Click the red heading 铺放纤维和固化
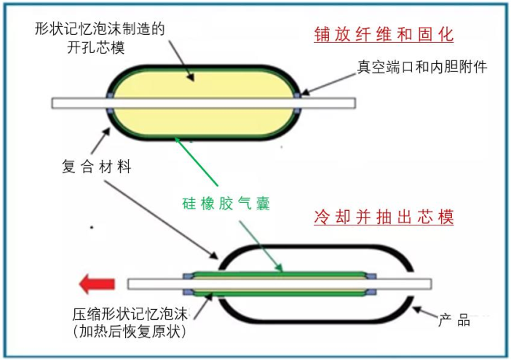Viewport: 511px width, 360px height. pos(383,34)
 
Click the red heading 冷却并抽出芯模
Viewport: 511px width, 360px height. pos(383,217)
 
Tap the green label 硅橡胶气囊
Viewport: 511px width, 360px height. pos(226,204)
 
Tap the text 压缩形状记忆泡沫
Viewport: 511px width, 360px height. pos(129,316)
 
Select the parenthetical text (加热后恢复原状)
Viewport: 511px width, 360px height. pos(130,333)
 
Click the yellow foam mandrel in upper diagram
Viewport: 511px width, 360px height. pos(204,87)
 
